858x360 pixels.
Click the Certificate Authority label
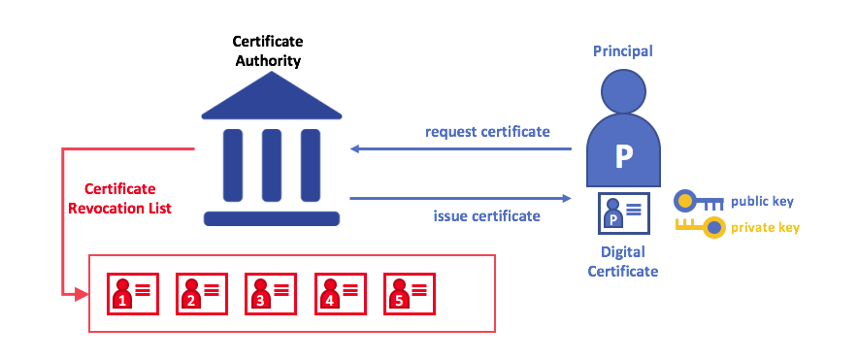click(x=267, y=51)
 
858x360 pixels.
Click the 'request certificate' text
click(x=487, y=132)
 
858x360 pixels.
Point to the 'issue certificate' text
click(x=486, y=215)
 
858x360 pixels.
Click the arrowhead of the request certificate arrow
click(x=355, y=148)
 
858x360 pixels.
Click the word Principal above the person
click(x=622, y=50)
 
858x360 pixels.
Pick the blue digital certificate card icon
click(x=622, y=214)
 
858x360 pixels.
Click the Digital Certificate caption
click(x=622, y=262)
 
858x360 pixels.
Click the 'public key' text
click(x=762, y=202)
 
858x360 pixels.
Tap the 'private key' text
click(x=766, y=229)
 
